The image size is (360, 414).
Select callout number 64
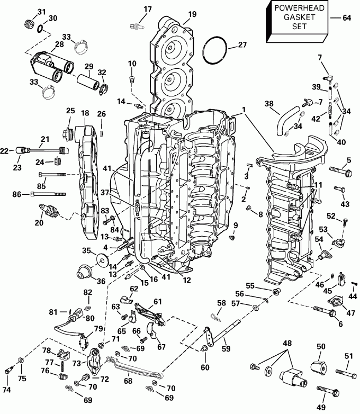[x=347, y=17]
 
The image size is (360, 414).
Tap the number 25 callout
[x=70, y=110]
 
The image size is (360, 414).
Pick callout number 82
[x=87, y=292]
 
